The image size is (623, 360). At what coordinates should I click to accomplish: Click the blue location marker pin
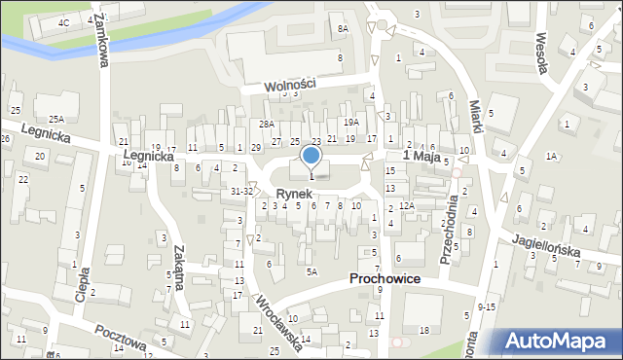pyautogui.click(x=311, y=157)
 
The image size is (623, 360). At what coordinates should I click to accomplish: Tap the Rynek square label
pyautogui.click(x=292, y=195)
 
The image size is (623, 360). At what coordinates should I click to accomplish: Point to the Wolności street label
pyautogui.click(x=291, y=85)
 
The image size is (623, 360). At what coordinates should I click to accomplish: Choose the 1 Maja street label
pyautogui.click(x=421, y=156)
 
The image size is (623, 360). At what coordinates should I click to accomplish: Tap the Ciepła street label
pyautogui.click(x=83, y=284)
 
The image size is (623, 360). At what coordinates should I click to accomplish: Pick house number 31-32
pyautogui.click(x=241, y=192)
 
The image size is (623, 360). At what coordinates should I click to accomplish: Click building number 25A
pyautogui.click(x=56, y=119)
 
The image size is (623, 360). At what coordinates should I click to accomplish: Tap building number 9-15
pyautogui.click(x=486, y=307)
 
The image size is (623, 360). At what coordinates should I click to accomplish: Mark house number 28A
pyautogui.click(x=267, y=125)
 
